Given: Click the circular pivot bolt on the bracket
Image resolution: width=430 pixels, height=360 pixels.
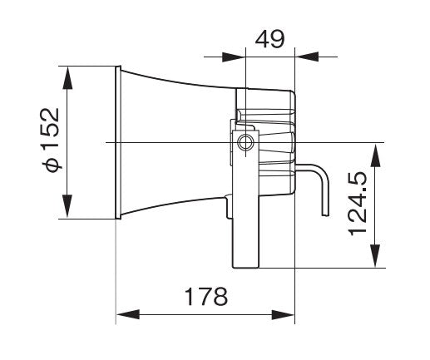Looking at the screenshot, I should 245,143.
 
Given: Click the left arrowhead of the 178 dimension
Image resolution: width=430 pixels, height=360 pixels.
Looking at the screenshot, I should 121,315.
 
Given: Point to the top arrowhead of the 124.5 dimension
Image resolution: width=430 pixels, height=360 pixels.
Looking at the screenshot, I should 377,149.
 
